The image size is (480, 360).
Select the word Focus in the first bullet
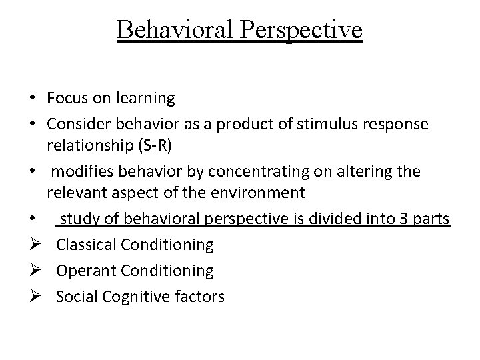tap(68, 99)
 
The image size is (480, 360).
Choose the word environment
tap(261, 194)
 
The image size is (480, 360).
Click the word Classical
tap(86, 245)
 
